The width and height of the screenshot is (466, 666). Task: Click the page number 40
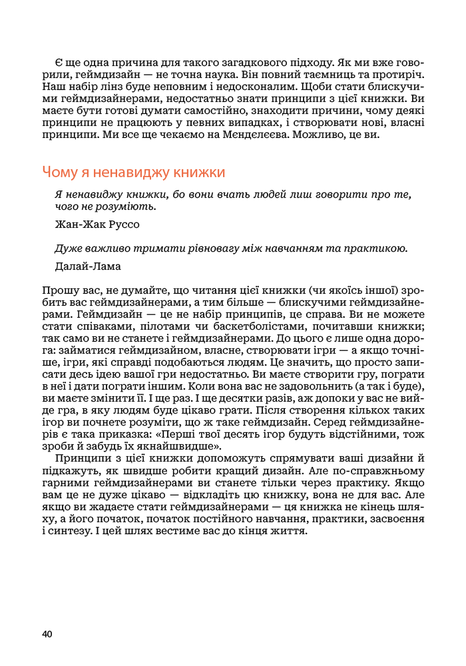click(x=47, y=633)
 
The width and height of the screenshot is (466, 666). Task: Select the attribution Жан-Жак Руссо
click(x=97, y=224)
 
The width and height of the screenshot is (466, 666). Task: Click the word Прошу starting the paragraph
click(x=58, y=290)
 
